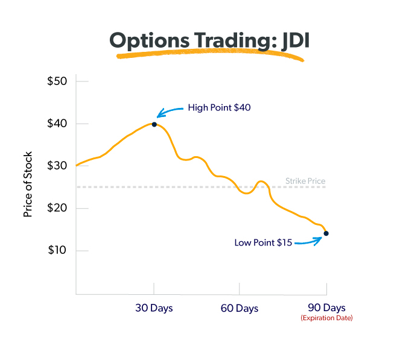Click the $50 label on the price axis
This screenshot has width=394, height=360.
(58, 81)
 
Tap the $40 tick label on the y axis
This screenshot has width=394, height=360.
(58, 124)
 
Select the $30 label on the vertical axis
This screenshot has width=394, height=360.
(58, 166)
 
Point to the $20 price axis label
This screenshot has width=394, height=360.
(58, 208)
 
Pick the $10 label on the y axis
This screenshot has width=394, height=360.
(58, 250)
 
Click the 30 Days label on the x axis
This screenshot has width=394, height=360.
(154, 308)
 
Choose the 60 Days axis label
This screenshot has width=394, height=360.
(239, 308)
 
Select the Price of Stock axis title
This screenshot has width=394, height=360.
(28, 184)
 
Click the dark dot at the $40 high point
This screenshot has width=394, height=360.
(154, 124)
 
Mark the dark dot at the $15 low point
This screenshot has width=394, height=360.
(326, 233)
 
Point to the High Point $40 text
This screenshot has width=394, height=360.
(219, 108)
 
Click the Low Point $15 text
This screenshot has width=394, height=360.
(263, 242)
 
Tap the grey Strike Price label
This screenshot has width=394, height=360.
(306, 181)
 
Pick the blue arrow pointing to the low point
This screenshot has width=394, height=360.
(308, 242)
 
